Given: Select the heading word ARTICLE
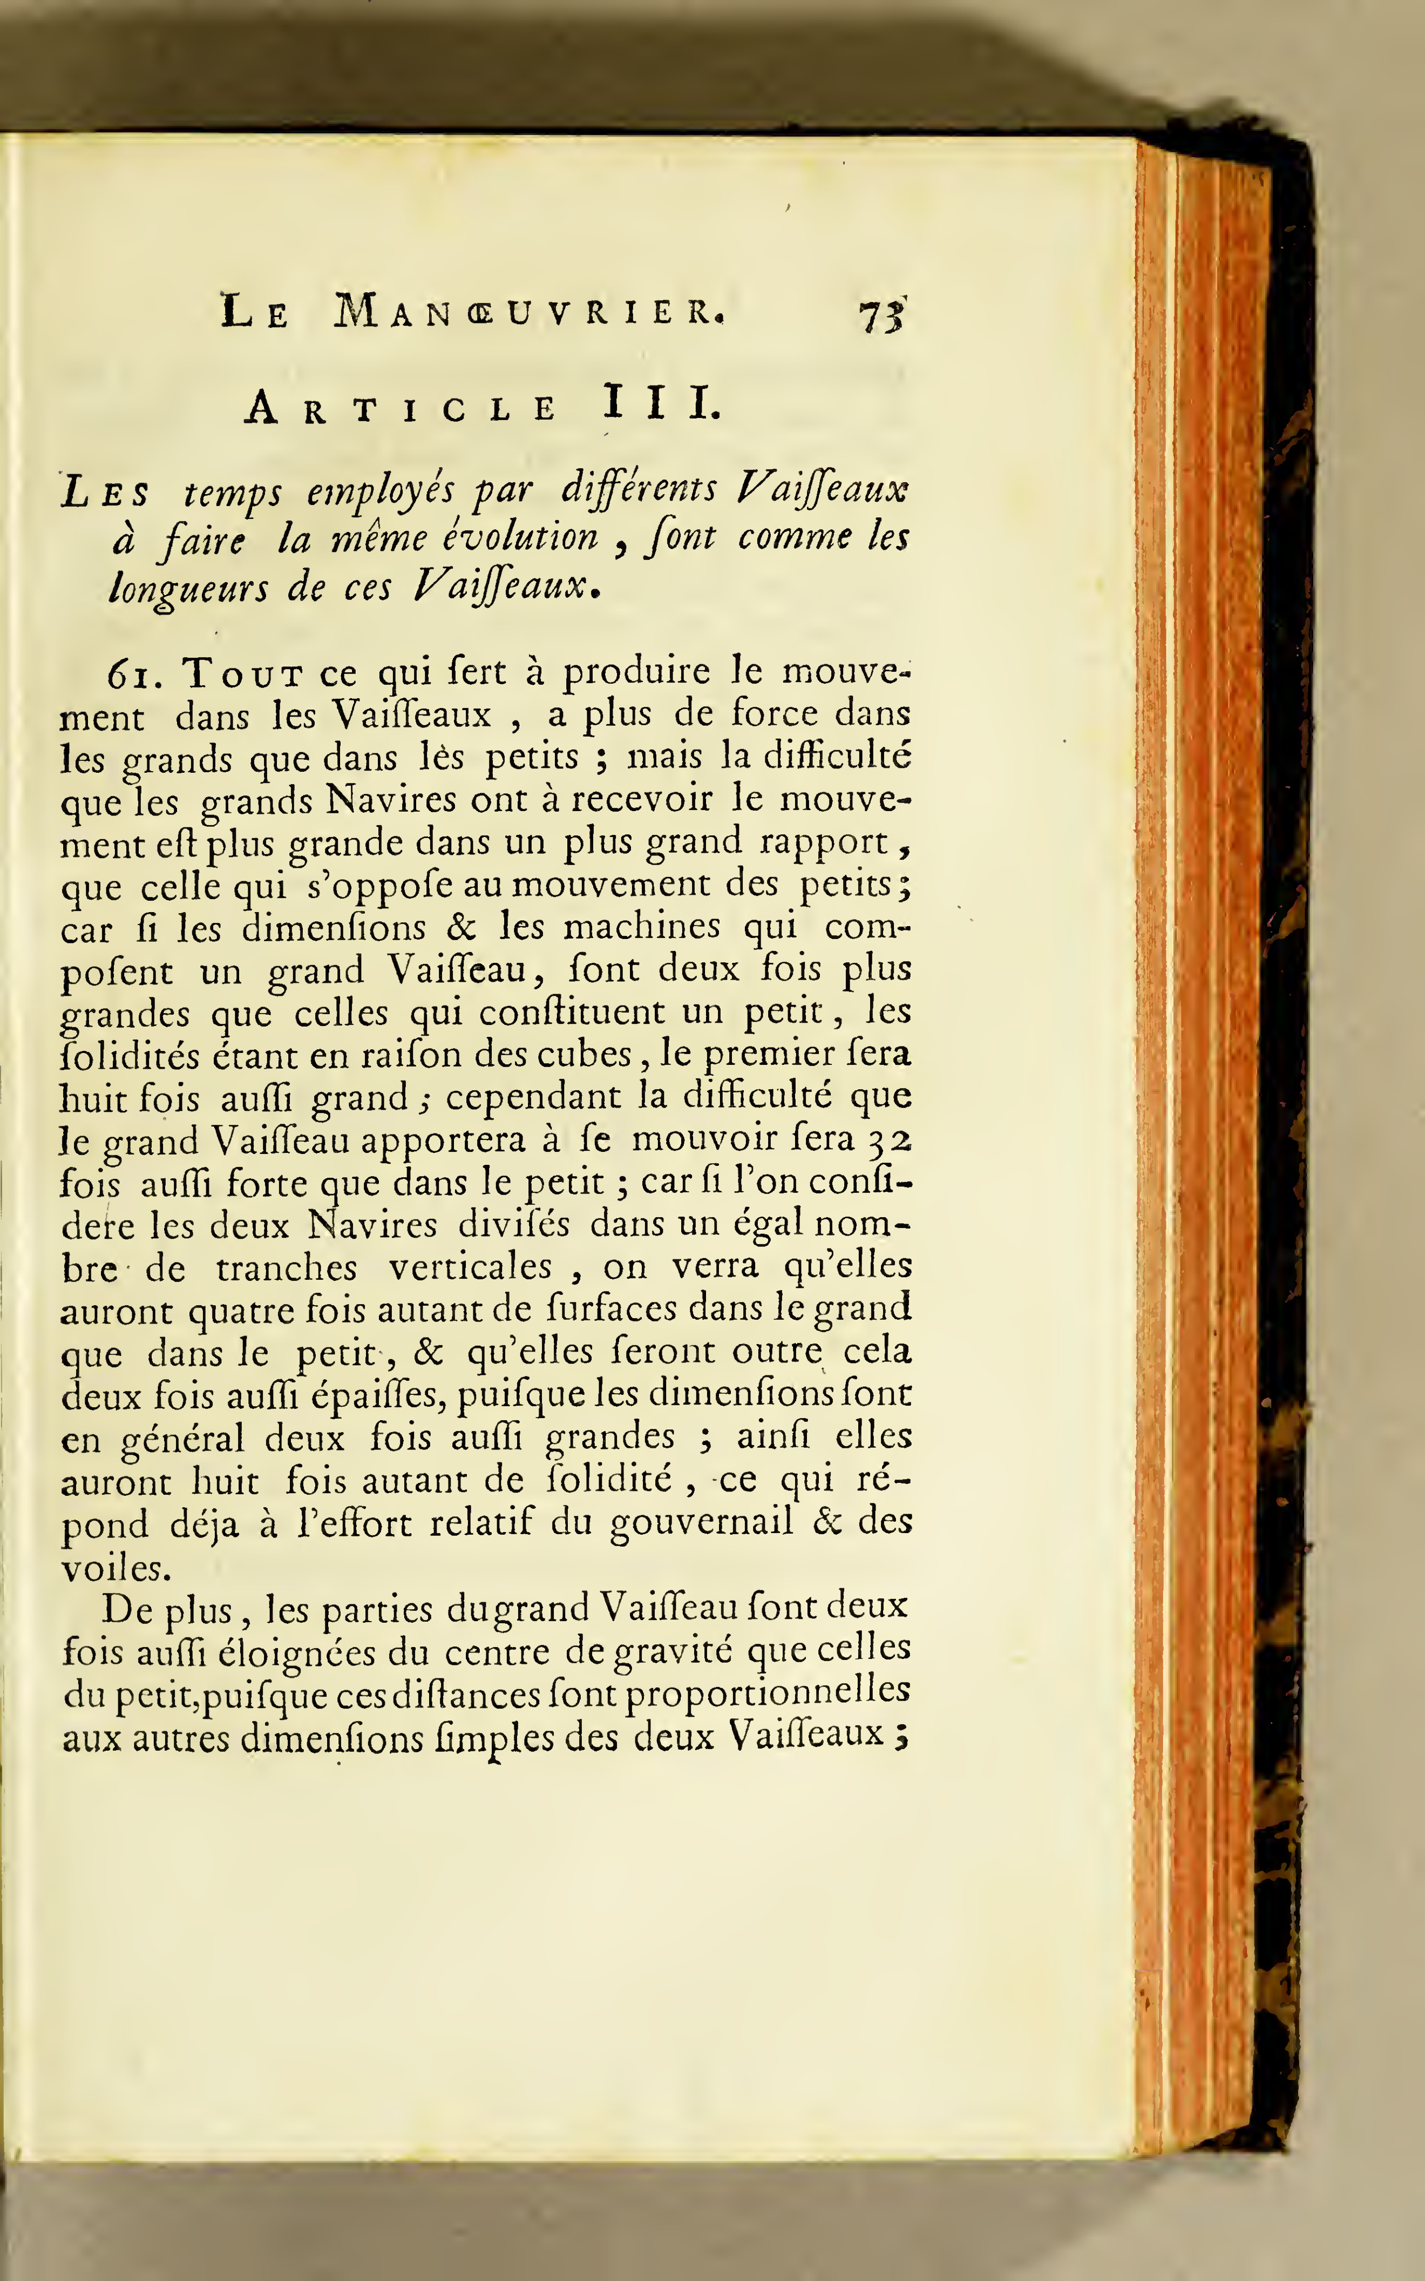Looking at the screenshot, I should coord(401,408).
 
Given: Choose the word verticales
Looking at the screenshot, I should coord(470,1267).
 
